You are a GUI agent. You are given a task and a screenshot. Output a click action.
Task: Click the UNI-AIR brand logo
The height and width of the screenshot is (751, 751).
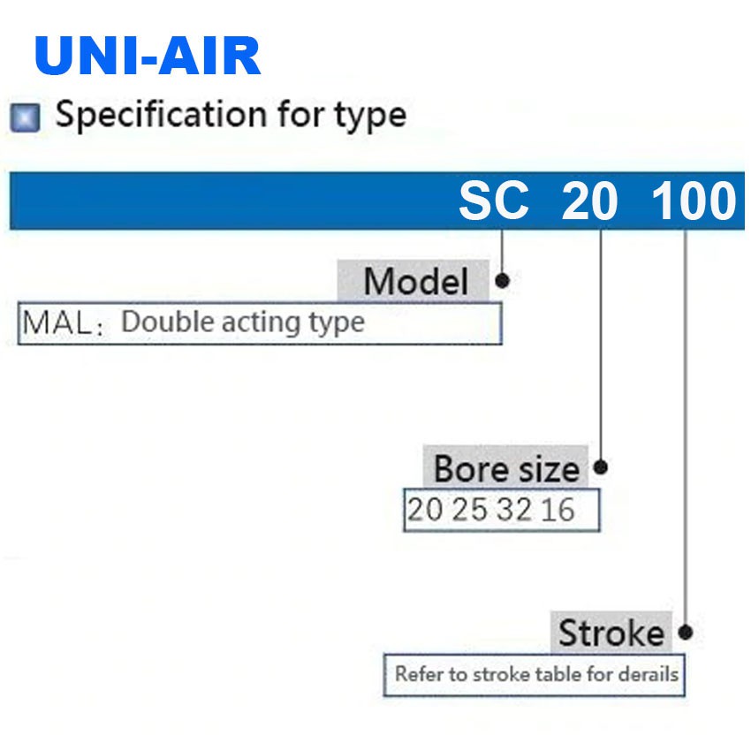148,55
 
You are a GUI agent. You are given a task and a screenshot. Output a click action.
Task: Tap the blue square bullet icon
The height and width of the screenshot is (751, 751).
25,118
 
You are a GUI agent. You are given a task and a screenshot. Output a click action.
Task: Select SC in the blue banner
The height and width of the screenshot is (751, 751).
494,201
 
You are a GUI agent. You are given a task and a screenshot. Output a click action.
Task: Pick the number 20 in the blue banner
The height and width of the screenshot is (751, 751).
589,201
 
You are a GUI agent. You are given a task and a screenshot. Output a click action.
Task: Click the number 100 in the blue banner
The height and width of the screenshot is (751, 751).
694,201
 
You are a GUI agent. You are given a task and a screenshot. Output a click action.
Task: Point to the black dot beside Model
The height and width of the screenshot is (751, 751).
502,281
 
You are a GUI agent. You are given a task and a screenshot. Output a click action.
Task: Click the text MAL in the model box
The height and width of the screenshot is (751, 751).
57,322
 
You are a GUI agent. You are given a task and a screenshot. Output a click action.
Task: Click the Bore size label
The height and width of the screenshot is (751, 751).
506,468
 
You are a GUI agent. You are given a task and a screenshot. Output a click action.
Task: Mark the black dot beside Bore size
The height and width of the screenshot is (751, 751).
600,467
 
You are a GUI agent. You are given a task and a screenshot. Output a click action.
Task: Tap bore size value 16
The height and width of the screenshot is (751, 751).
558,510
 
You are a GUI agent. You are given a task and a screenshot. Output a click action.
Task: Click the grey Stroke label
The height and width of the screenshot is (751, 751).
611,633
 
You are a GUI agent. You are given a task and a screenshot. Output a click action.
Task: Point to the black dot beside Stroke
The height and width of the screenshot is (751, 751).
686,633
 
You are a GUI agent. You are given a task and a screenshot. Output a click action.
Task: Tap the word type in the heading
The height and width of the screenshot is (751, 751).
370,118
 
